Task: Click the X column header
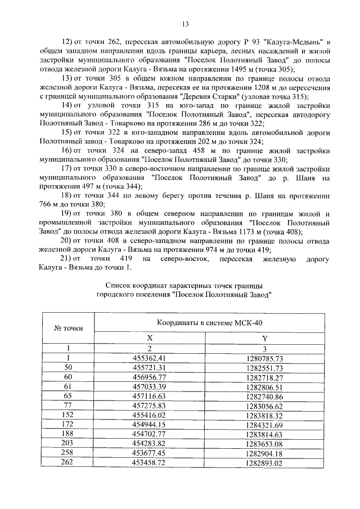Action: pyautogui.click(x=150, y=338)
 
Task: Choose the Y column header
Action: pyautogui.click(x=264, y=338)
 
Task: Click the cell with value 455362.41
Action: pyautogui.click(x=150, y=358)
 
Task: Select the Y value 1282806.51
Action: pyautogui.click(x=264, y=387)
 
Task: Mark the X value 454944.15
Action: pyautogui.click(x=150, y=425)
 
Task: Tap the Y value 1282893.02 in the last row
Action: pyautogui.click(x=264, y=463)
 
